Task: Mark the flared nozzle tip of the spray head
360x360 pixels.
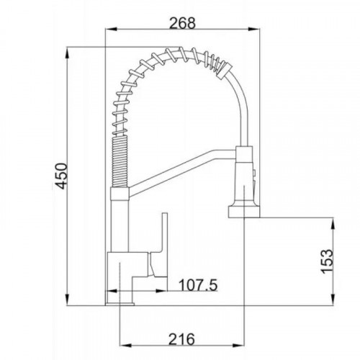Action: pyautogui.click(x=244, y=211)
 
